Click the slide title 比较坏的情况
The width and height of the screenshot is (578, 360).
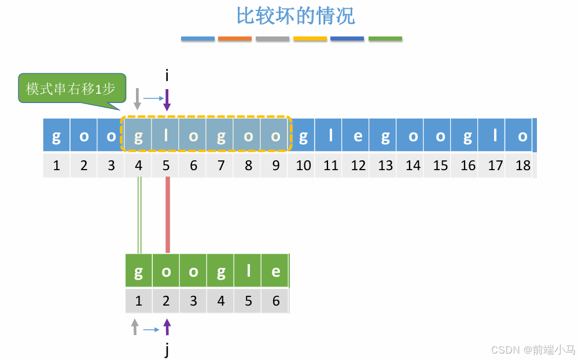pyautogui.click(x=296, y=16)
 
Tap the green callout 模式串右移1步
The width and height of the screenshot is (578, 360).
pyautogui.click(x=71, y=89)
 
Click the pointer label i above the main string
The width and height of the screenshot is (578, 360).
pyautogui.click(x=167, y=75)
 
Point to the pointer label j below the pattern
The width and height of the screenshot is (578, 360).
pyautogui.click(x=167, y=350)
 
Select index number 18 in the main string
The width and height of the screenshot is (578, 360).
pyautogui.click(x=522, y=166)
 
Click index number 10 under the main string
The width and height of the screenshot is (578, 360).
pyautogui.click(x=303, y=166)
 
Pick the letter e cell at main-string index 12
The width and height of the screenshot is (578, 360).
pyautogui.click(x=358, y=137)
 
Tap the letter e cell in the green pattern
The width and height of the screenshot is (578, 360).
pyautogui.click(x=276, y=271)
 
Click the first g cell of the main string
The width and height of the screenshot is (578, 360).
pyautogui.click(x=56, y=137)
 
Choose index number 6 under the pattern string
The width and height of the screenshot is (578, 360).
pyautogui.click(x=276, y=301)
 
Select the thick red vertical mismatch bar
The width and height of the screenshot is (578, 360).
pyautogui.click(x=168, y=215)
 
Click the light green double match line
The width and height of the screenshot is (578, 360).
pyautogui.click(x=139, y=215)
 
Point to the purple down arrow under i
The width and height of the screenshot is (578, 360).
pyautogui.click(x=167, y=100)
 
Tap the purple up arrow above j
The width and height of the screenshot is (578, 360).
pyautogui.click(x=167, y=327)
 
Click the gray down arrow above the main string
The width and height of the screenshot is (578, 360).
pyautogui.click(x=137, y=99)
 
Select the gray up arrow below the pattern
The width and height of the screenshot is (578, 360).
pyautogui.click(x=135, y=327)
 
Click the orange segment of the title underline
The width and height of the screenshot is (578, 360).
pyautogui.click(x=235, y=39)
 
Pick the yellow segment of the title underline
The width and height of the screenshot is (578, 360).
pyautogui.click(x=310, y=39)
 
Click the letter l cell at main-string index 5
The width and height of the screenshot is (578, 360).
pyautogui.click(x=166, y=137)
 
